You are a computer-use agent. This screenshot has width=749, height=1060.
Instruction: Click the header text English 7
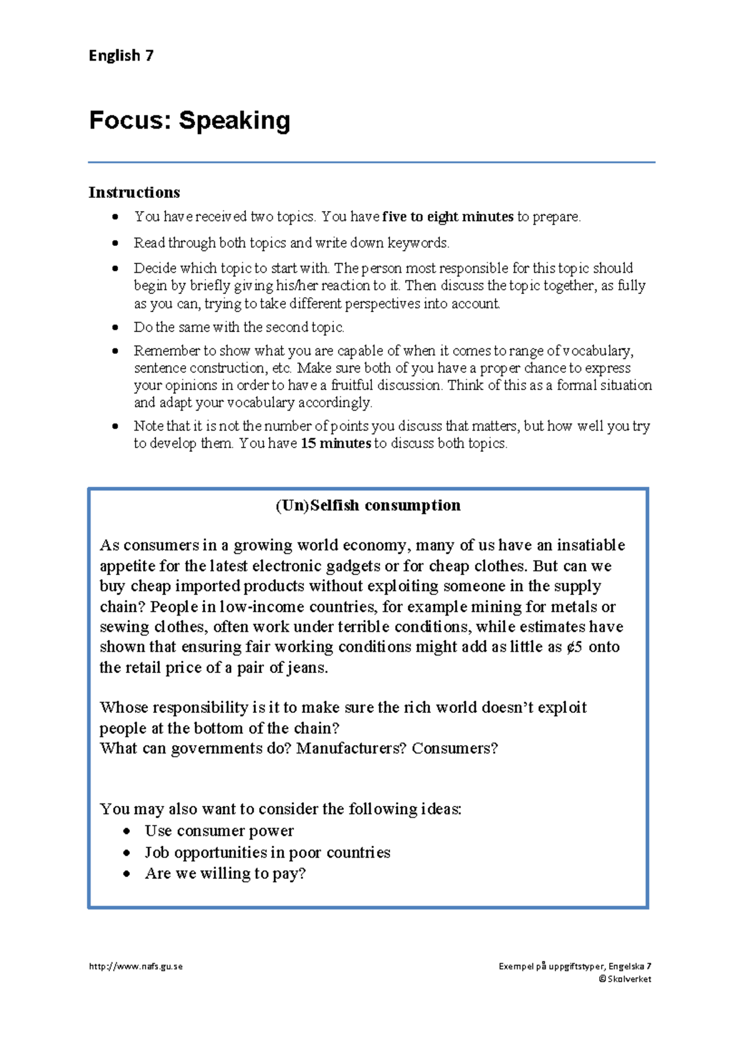point(121,56)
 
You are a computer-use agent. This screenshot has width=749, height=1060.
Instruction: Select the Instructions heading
point(134,192)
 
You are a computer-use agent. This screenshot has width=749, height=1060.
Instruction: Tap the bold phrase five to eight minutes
point(448,217)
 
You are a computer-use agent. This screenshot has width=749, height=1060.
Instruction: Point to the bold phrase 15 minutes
point(336,443)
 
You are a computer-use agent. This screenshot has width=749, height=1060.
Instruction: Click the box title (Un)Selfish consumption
point(368,505)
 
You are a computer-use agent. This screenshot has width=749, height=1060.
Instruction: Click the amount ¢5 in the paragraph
point(574,647)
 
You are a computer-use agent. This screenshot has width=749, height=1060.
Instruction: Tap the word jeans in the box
point(305,668)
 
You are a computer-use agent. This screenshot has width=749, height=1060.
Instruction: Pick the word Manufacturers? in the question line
point(351,748)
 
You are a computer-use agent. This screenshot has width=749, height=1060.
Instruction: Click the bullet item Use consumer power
point(219,831)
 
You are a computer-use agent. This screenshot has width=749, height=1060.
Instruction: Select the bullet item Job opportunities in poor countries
point(267,852)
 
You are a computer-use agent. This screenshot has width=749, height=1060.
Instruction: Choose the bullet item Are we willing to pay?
point(225,873)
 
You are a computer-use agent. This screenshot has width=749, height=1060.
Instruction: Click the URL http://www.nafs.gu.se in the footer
point(136,966)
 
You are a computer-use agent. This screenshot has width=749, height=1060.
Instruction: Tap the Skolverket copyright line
point(625,979)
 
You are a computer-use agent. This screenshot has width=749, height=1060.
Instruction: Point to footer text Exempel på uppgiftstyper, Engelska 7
point(575,966)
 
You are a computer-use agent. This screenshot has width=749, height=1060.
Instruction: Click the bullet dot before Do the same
point(115,327)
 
